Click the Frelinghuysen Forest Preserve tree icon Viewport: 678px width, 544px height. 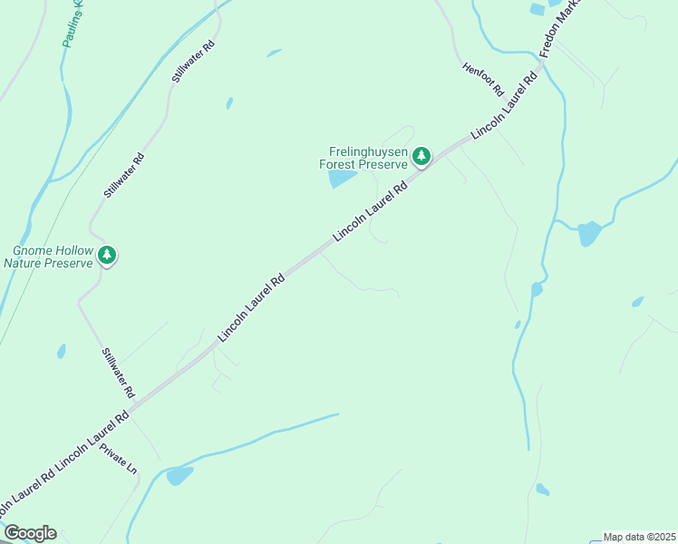(421, 156)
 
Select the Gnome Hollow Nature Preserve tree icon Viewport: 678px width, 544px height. (108, 256)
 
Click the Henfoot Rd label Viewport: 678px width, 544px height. (482, 79)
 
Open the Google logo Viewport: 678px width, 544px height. (30, 533)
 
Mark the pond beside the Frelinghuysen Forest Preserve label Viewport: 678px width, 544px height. (342, 179)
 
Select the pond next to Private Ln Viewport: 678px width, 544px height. (179, 475)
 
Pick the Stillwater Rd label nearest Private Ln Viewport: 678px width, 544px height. (118, 374)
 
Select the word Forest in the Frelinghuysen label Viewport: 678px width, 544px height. (340, 165)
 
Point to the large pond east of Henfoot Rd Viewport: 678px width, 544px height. (588, 234)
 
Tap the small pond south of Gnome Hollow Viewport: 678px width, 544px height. (61, 351)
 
